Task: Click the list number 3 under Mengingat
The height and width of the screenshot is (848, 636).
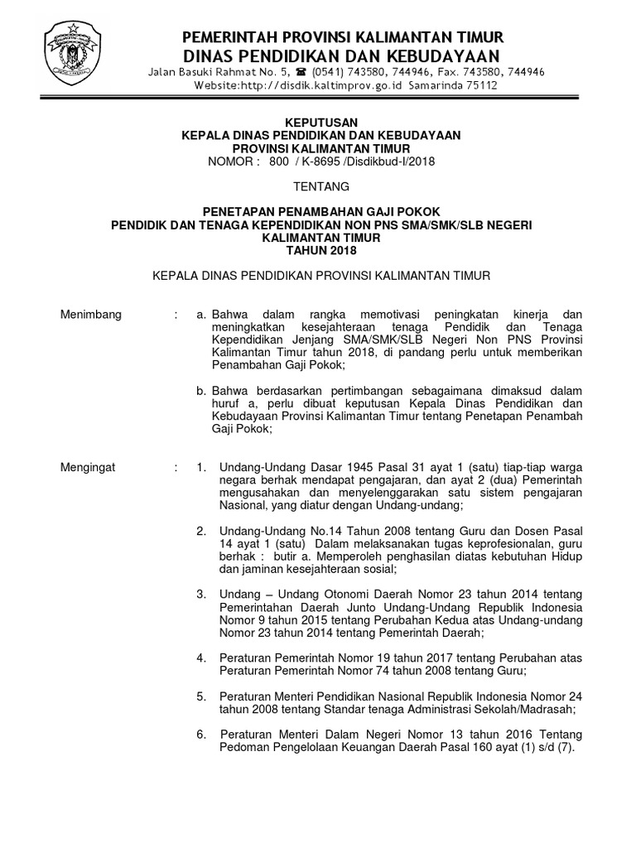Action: point(200,595)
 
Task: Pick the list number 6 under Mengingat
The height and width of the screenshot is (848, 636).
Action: point(200,735)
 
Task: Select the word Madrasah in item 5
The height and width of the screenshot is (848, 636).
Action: point(548,710)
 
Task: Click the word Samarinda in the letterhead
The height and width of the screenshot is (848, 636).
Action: point(431,85)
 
